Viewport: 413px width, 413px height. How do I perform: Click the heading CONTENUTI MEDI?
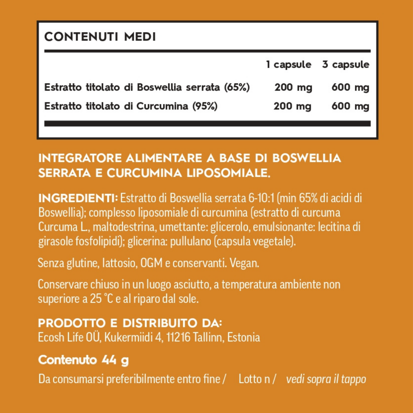[100, 37]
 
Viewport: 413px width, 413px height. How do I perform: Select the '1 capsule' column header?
[289, 65]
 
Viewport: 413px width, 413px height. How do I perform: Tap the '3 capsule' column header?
[346, 65]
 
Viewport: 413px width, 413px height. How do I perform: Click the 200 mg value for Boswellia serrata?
[293, 88]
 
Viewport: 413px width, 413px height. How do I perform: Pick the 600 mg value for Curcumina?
[350, 106]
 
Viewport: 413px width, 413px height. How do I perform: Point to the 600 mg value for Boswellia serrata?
[350, 88]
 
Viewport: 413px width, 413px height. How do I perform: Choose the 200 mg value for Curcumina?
[293, 106]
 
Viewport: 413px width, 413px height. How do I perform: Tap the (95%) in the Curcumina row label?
[205, 106]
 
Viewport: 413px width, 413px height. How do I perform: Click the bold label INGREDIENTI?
[78, 198]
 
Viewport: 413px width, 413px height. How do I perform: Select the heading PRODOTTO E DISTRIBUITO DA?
[130, 323]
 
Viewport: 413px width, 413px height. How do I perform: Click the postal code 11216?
[179, 338]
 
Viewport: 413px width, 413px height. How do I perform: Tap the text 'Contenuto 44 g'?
[84, 360]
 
